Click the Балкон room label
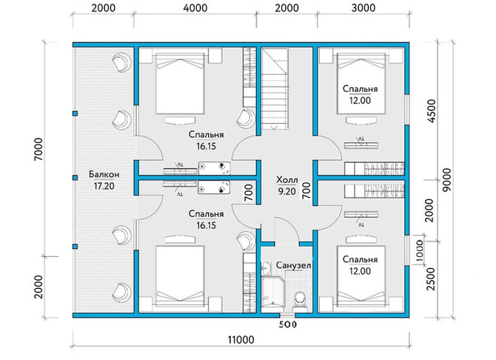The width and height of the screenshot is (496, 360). click(x=104, y=175)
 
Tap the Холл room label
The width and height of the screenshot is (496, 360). click(x=287, y=180)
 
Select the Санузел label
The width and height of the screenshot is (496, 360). click(x=294, y=265)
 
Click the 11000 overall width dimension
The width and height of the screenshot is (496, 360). click(x=241, y=340)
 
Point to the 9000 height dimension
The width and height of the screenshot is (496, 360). click(x=447, y=179)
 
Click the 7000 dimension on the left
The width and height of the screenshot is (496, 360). click(x=38, y=150)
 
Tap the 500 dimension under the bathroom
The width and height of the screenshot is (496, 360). click(x=287, y=324)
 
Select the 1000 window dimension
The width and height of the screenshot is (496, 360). click(x=419, y=252)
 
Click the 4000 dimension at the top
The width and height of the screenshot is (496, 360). click(x=195, y=8)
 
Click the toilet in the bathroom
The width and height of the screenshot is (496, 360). click(x=299, y=301)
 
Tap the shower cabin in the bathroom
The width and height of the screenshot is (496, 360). click(x=273, y=293)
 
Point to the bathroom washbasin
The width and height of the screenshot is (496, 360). click(x=267, y=268)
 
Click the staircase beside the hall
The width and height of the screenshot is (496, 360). click(x=274, y=90)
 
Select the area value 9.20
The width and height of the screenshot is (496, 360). click(x=287, y=192)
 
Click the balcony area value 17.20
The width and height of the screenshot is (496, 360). click(x=104, y=186)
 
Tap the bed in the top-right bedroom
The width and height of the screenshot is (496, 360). click(x=361, y=84)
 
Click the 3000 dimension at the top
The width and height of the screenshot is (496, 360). click(x=363, y=8)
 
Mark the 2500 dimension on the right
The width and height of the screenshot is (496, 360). click(x=431, y=279)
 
